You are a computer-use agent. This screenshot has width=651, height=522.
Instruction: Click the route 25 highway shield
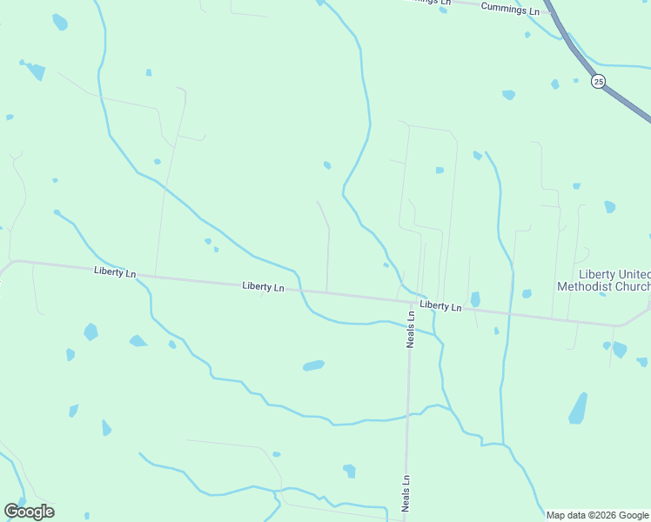click(597, 81)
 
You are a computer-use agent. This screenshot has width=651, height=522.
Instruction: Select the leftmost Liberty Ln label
click(115, 273)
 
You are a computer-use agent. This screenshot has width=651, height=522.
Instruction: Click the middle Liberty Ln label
click(263, 286)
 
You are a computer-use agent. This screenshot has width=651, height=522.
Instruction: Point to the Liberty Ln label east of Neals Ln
click(440, 306)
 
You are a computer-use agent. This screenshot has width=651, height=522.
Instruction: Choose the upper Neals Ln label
click(411, 328)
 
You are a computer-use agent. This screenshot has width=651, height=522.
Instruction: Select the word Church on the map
click(633, 286)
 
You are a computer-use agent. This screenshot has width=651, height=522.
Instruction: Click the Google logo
click(29, 512)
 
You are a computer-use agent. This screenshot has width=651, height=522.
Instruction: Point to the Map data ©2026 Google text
click(597, 515)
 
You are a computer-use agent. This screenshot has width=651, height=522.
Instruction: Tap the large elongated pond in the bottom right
click(578, 408)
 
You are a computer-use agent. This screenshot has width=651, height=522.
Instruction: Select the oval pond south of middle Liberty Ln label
click(313, 365)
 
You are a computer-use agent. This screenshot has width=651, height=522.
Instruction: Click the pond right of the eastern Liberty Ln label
click(475, 299)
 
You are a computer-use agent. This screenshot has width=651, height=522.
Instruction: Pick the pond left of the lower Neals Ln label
click(349, 471)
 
